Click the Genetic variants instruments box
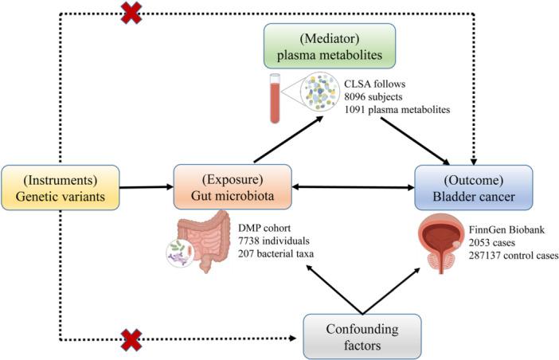tap(61, 188)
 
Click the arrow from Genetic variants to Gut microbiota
tap(147, 188)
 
